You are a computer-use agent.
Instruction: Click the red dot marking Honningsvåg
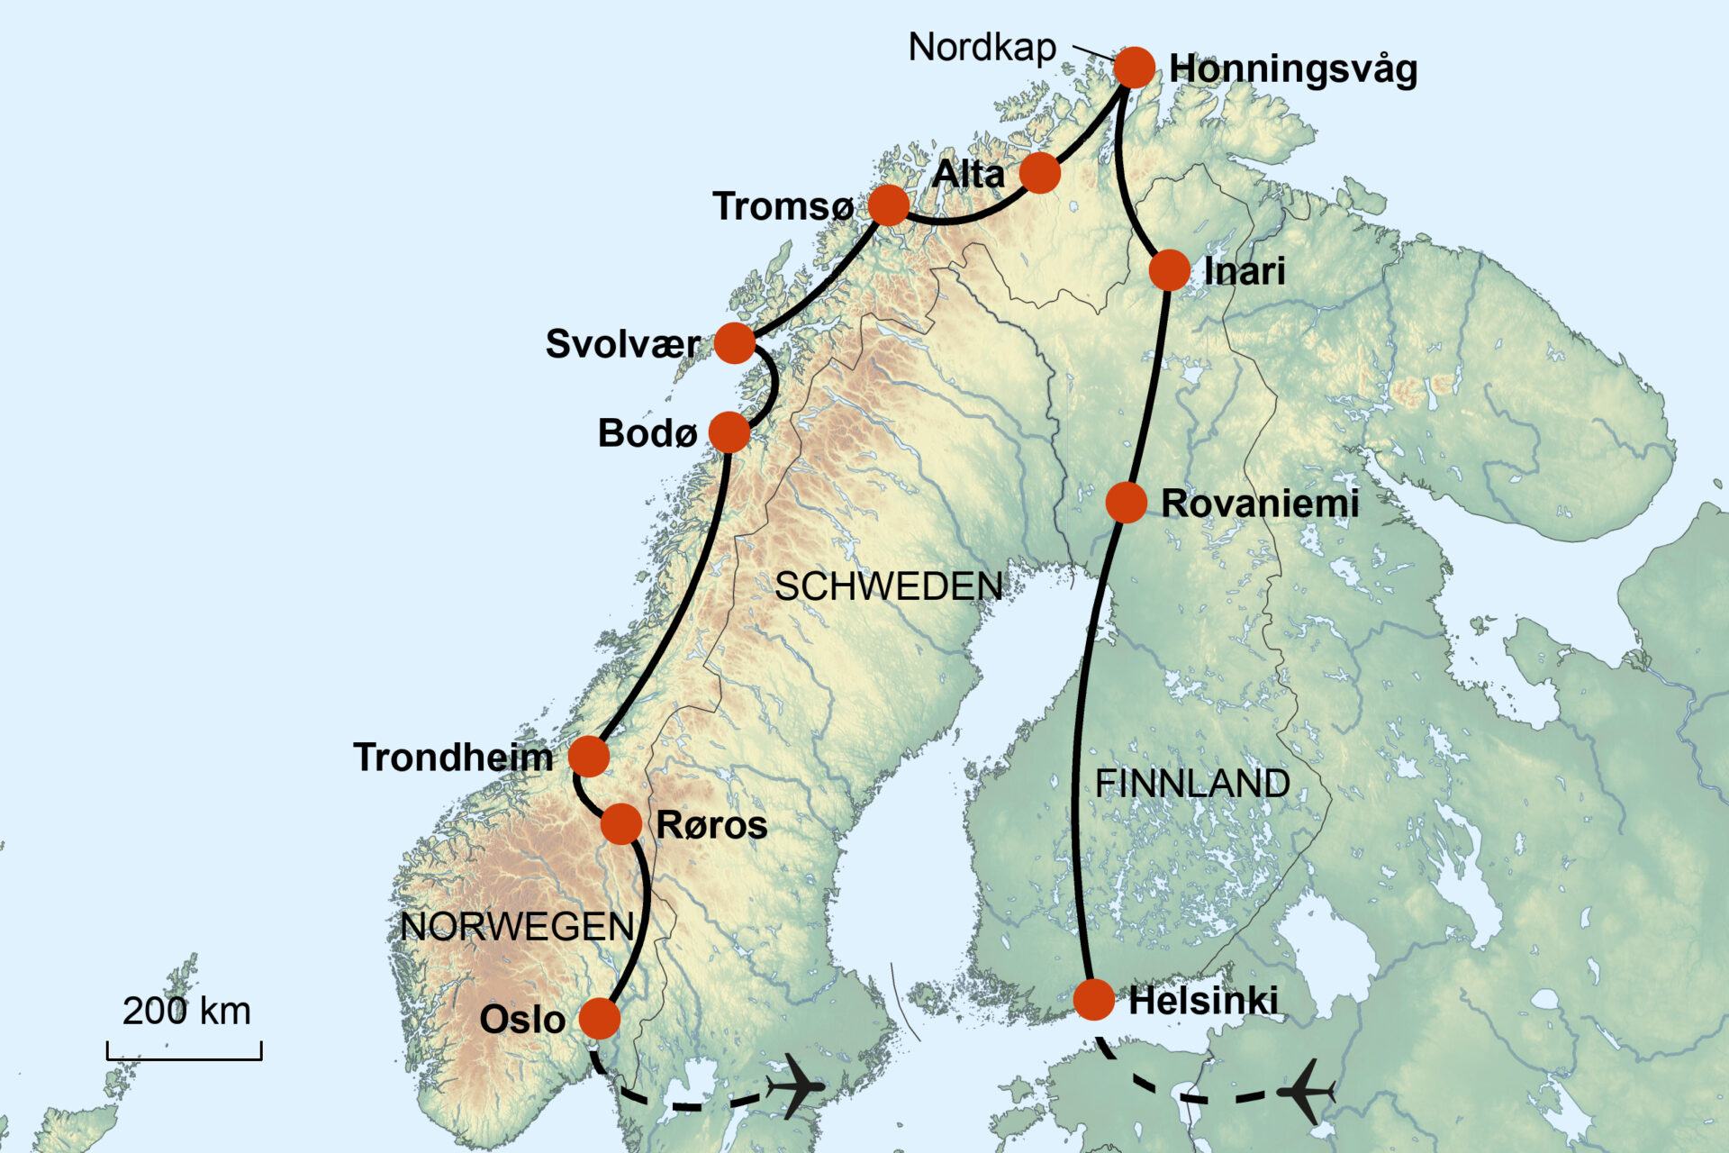[1134, 68]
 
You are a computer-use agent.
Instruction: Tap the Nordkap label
[982, 47]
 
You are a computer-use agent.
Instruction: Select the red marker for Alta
[1040, 172]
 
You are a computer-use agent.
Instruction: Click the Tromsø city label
[783, 206]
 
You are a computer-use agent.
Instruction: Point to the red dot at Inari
[1169, 269]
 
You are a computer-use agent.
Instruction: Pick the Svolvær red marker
[735, 343]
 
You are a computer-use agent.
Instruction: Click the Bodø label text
[647, 433]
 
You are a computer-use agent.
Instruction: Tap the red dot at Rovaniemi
[1126, 503]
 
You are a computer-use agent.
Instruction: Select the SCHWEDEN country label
[888, 586]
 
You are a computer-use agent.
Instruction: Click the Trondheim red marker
[589, 756]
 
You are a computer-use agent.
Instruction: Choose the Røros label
[711, 825]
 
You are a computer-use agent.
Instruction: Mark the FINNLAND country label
[1191, 783]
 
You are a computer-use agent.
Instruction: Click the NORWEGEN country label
[517, 926]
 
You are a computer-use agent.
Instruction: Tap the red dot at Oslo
[599, 1019]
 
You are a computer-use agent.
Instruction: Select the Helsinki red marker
[1093, 999]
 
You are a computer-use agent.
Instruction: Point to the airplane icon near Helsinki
[1306, 1092]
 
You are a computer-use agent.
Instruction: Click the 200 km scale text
[186, 1011]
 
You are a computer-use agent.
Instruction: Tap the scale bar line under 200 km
[185, 1058]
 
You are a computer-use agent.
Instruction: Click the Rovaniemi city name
[1259, 504]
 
